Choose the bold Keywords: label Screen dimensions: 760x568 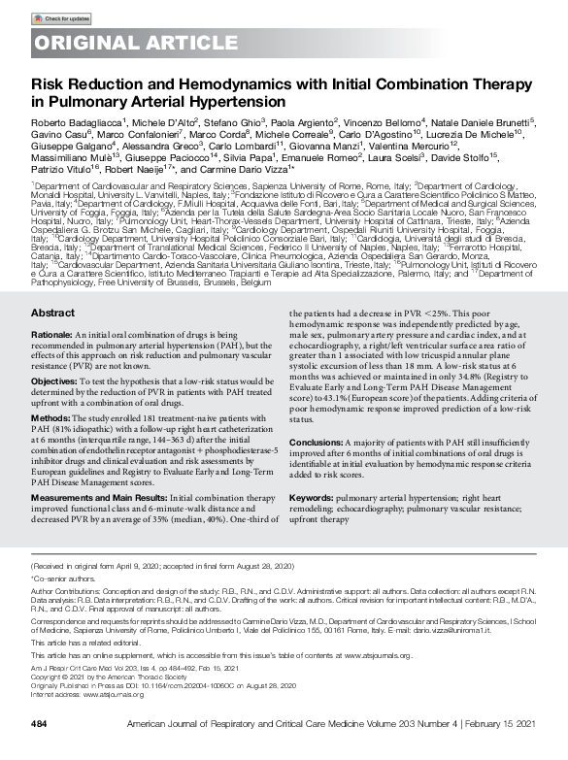pyautogui.click(x=312, y=496)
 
